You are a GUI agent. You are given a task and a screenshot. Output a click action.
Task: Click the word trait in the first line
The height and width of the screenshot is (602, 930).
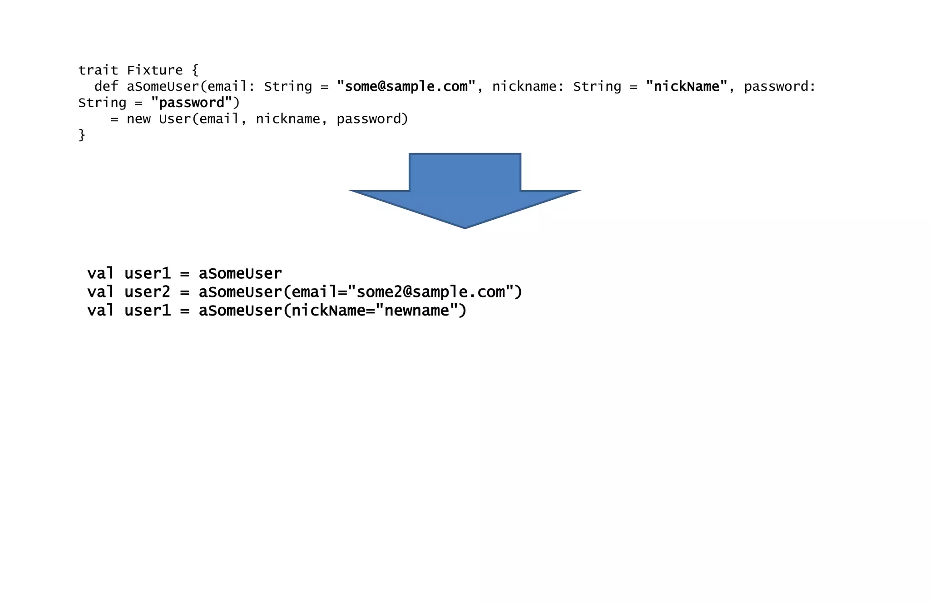pos(98,70)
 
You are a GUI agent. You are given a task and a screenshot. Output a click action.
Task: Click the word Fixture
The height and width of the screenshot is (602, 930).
pos(154,70)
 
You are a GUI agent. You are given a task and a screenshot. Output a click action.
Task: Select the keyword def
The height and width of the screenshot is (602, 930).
pos(106,86)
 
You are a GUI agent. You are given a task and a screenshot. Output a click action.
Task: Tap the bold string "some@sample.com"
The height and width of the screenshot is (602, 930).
pos(406,86)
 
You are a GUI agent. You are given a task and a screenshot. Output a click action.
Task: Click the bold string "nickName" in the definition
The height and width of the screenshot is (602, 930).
pos(686,86)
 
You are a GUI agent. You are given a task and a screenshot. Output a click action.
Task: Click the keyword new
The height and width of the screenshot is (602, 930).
pos(138,119)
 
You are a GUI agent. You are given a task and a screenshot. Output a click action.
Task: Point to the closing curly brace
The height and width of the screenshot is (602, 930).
pos(82,135)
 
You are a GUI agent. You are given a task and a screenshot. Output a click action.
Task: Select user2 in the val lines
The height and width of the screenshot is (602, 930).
pos(147,292)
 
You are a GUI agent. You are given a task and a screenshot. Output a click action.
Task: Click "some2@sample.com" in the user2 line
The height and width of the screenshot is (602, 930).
pos(430,292)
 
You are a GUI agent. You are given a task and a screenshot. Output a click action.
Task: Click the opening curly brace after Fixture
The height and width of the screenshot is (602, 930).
pos(195,70)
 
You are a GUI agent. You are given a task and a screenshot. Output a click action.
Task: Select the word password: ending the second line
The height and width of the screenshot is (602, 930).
pos(779,86)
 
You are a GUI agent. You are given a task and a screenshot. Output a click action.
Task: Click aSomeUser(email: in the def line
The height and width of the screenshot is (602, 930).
pos(187,86)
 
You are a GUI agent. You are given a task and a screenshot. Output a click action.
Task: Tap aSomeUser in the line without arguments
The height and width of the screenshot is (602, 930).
pos(240,274)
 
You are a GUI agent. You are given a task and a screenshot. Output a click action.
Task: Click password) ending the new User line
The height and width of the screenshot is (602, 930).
pos(372,119)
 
